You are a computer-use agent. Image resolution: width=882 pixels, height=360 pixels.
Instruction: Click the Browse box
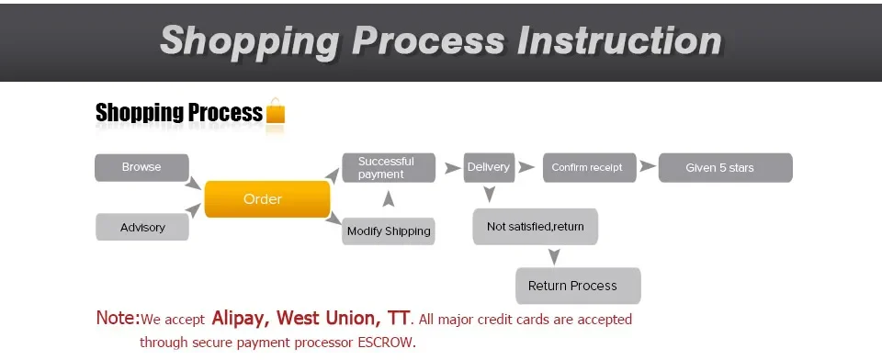click(141, 168)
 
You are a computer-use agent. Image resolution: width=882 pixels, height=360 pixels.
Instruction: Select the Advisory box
click(142, 227)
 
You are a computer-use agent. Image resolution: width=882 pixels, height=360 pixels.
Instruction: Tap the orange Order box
click(267, 199)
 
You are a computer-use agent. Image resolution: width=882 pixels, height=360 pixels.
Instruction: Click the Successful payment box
click(389, 168)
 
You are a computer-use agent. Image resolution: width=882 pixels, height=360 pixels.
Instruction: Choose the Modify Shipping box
click(389, 231)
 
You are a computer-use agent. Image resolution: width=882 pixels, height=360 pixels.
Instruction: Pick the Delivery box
click(489, 168)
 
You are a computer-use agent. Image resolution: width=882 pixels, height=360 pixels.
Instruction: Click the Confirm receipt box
click(590, 168)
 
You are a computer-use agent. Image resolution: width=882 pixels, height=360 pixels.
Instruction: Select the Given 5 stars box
click(725, 168)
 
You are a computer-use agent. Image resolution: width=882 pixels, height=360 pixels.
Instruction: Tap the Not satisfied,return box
click(535, 227)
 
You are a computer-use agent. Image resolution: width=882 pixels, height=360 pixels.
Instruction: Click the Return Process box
click(578, 286)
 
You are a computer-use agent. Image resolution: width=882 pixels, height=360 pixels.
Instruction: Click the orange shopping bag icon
click(275, 111)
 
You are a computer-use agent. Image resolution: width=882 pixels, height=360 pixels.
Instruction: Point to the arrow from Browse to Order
click(193, 183)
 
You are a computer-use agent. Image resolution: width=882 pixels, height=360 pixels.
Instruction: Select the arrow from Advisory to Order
click(193, 210)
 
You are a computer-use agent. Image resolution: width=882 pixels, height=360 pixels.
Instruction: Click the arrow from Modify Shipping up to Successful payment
click(388, 199)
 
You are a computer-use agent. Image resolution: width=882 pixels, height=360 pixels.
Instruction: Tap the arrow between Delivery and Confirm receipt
click(526, 167)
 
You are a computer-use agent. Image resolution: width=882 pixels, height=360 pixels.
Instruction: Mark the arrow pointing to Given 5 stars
click(648, 166)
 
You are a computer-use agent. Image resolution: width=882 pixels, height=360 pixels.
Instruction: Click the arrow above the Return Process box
click(554, 256)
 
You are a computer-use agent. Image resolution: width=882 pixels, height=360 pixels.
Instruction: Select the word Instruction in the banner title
click(618, 40)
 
